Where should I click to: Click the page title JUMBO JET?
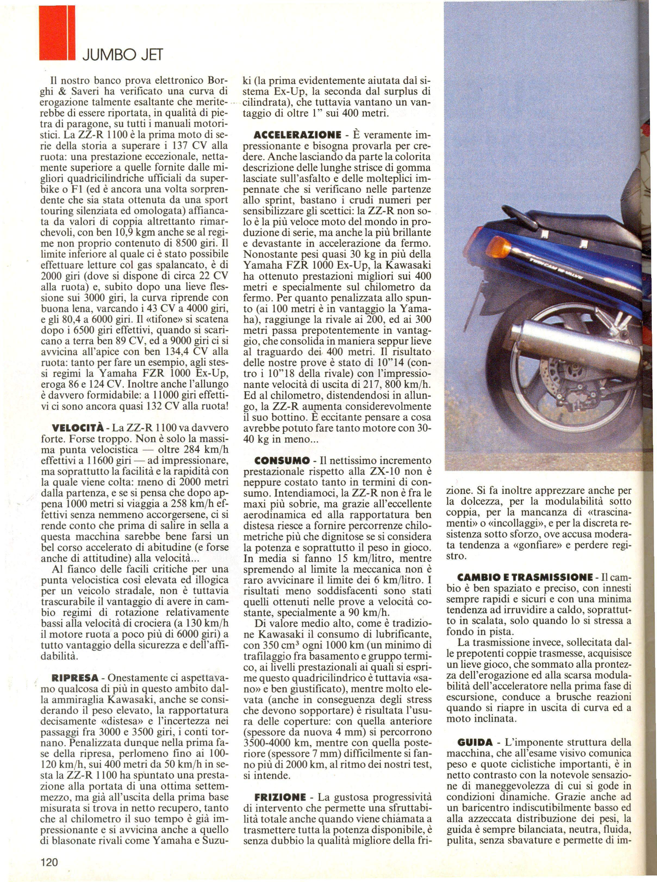tap(122, 54)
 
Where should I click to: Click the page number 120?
tap(49, 859)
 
